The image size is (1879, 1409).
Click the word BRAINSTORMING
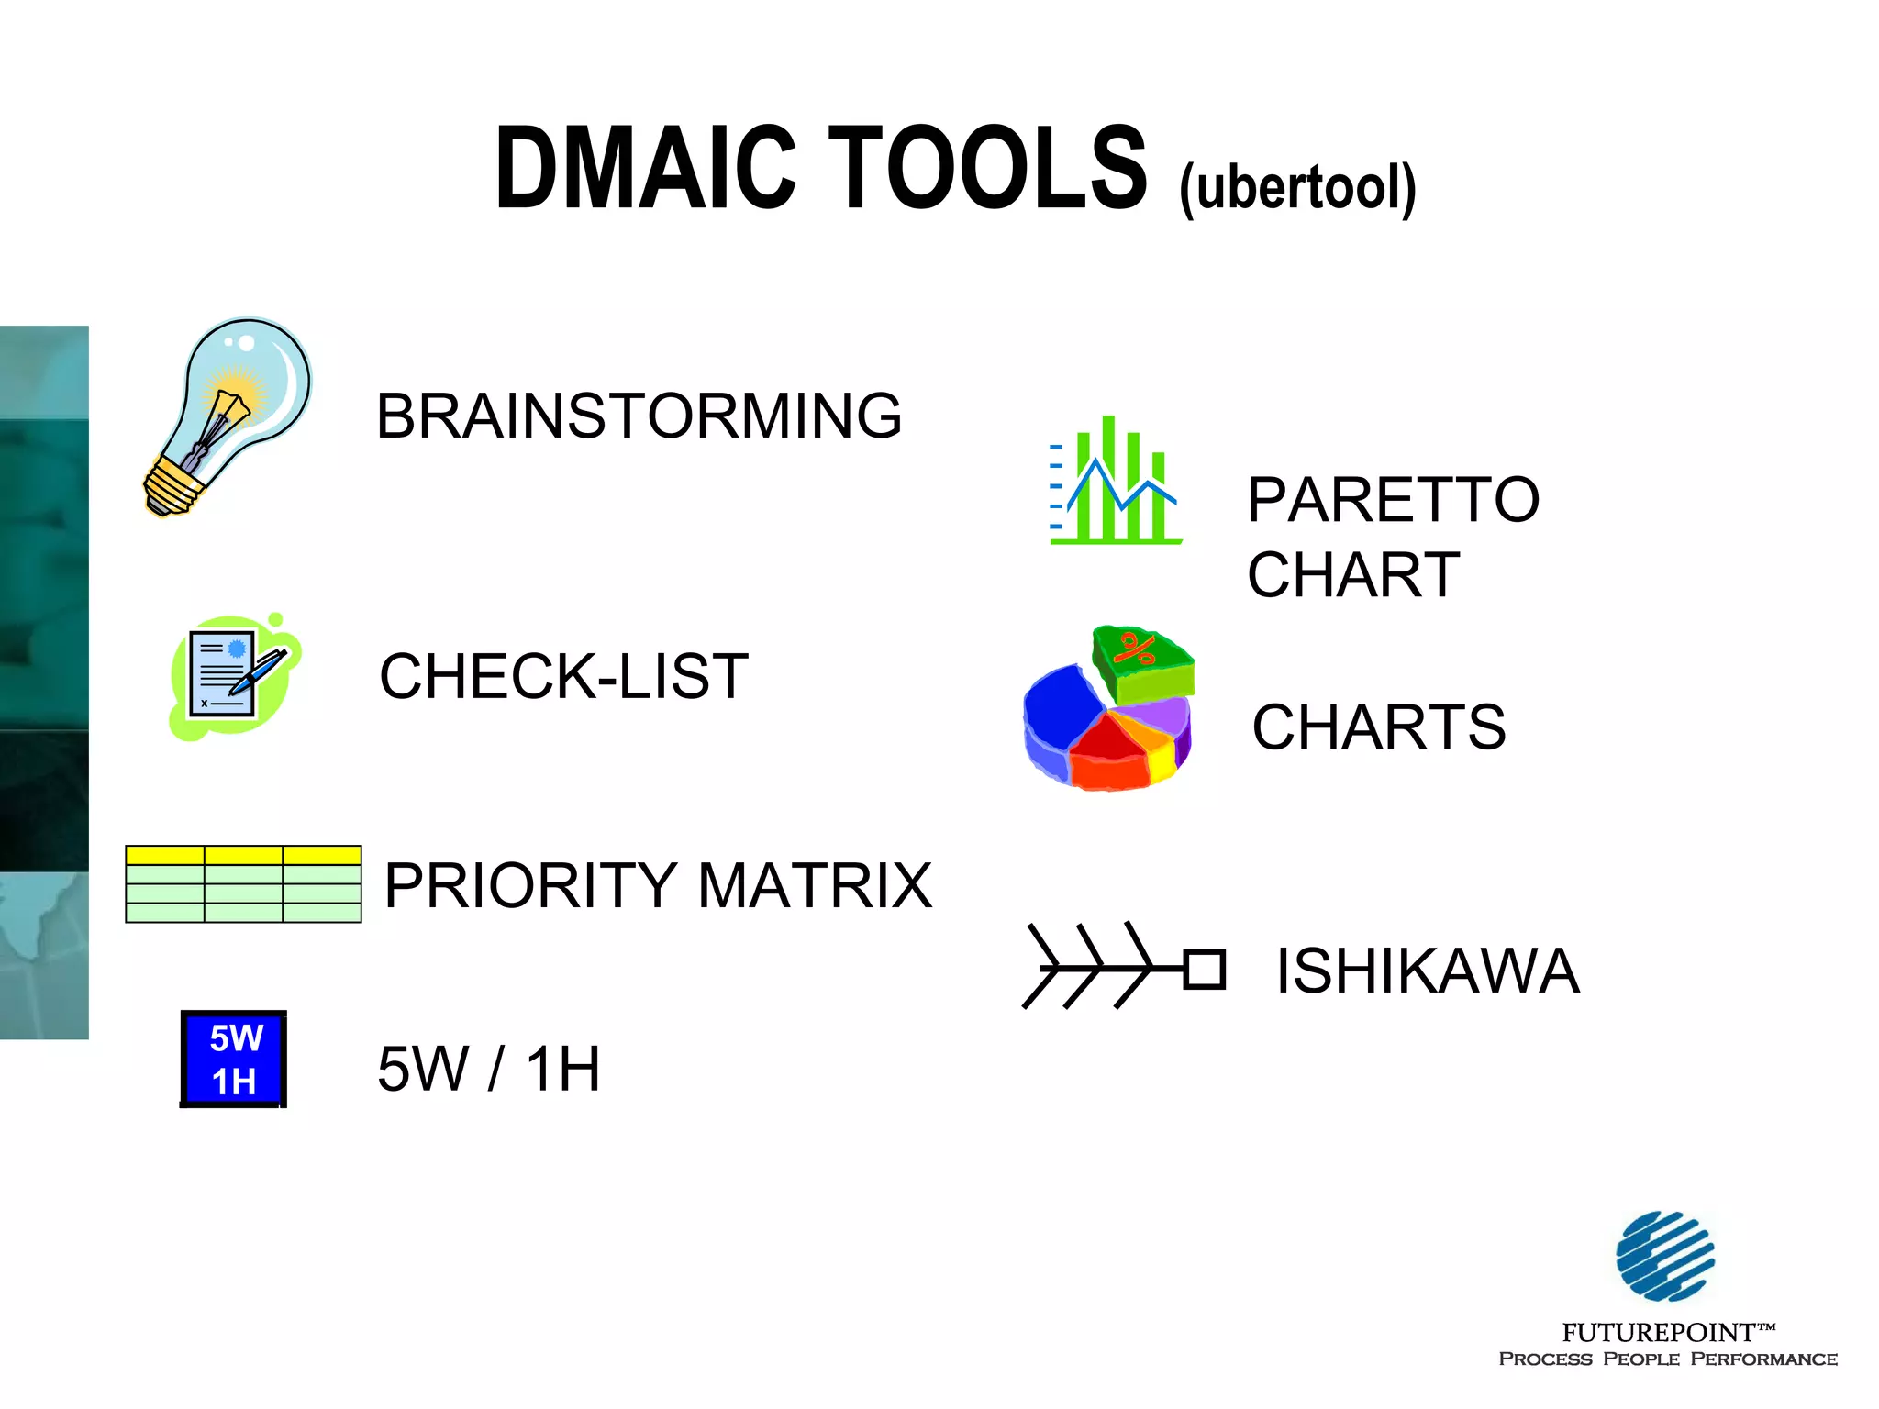click(639, 416)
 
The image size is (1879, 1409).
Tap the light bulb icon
click(229, 413)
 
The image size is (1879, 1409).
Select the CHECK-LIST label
click(563, 676)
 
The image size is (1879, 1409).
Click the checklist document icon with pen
click(234, 677)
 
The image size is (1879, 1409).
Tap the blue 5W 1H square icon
click(234, 1059)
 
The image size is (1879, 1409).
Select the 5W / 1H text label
click(488, 1069)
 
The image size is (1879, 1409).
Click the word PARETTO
click(1393, 500)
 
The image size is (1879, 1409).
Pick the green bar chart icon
click(1115, 482)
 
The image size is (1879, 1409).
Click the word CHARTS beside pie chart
click(1378, 727)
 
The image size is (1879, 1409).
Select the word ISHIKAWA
click(1428, 971)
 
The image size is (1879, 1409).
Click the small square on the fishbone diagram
click(1205, 970)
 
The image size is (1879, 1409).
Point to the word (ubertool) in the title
click(1297, 188)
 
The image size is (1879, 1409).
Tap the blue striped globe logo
click(1665, 1256)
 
